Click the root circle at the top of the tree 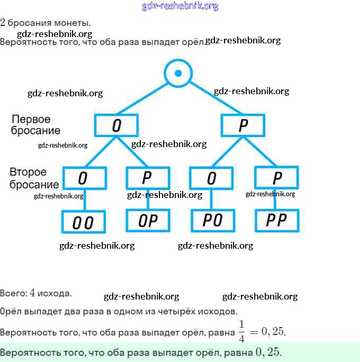(x=178, y=73)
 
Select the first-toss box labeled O (x=116, y=125)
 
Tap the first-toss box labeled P (x=243, y=125)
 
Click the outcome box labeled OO (x=84, y=222)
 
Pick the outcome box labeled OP (x=148, y=220)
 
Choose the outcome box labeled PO (x=212, y=220)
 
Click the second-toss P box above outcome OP (x=148, y=178)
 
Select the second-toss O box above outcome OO (x=84, y=178)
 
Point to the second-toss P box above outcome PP (x=276, y=177)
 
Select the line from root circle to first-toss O (x=146, y=98)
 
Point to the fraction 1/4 (x=241, y=331)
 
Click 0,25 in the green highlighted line (x=268, y=351)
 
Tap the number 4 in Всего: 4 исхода (x=33, y=292)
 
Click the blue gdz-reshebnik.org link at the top (x=180, y=6)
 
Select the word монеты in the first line (x=74, y=23)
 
